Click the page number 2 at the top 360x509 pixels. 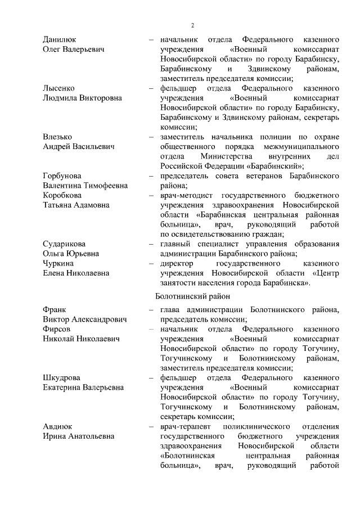click(x=192, y=25)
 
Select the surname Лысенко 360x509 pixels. click(x=59, y=88)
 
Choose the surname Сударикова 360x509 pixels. click(x=64, y=244)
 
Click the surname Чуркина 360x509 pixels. click(x=59, y=263)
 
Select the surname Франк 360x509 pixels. click(x=55, y=309)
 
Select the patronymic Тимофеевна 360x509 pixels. click(x=106, y=186)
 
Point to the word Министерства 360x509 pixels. click(x=229, y=156)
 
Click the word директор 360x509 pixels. click(x=177, y=263)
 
